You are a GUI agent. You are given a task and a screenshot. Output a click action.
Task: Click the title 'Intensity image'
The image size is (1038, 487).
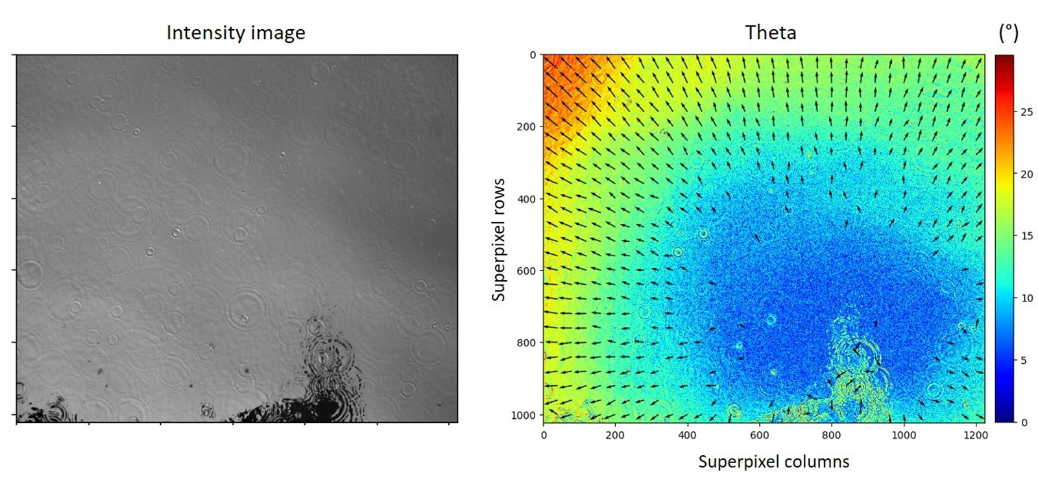tap(235, 33)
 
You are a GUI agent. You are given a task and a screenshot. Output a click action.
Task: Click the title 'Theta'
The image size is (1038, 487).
tap(770, 32)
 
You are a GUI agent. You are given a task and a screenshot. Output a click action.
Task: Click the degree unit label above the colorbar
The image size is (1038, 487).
tap(1008, 32)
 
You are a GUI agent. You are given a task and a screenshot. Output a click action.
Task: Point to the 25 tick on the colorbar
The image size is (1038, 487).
tap(1026, 112)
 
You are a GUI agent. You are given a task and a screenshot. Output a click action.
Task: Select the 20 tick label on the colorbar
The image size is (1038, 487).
tap(1026, 174)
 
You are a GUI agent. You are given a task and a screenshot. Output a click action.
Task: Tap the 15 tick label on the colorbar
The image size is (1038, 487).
tap(1026, 236)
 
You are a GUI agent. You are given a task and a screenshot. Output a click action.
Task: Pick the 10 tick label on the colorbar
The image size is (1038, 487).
tap(1026, 298)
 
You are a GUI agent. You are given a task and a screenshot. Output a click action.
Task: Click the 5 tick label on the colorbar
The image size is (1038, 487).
tap(1024, 361)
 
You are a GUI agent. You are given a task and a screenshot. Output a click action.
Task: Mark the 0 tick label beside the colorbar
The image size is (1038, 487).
tap(1024, 423)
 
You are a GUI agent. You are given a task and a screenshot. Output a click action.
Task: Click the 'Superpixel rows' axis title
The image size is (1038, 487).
tap(498, 240)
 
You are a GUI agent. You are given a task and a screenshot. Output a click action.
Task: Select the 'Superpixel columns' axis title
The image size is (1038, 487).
tap(773, 462)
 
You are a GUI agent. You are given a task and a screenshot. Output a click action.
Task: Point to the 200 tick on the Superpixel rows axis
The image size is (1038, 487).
tap(526, 127)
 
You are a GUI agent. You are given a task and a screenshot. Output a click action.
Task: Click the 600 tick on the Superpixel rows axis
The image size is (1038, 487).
tap(526, 271)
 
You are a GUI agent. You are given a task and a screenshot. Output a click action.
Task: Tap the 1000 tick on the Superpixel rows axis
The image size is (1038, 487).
tap(524, 415)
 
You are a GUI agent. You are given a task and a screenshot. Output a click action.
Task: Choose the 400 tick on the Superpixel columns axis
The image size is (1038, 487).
tap(687, 435)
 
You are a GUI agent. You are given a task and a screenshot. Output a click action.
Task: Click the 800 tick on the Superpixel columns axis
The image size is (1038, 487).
tap(831, 435)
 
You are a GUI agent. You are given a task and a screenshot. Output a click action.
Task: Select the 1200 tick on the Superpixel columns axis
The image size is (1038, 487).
tap(975, 435)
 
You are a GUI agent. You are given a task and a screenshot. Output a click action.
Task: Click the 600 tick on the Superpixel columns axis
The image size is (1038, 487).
tap(759, 435)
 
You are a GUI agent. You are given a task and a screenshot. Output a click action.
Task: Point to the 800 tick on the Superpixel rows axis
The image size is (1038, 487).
tap(526, 343)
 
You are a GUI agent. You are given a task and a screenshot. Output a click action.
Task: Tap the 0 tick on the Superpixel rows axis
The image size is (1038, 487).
tap(533, 55)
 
